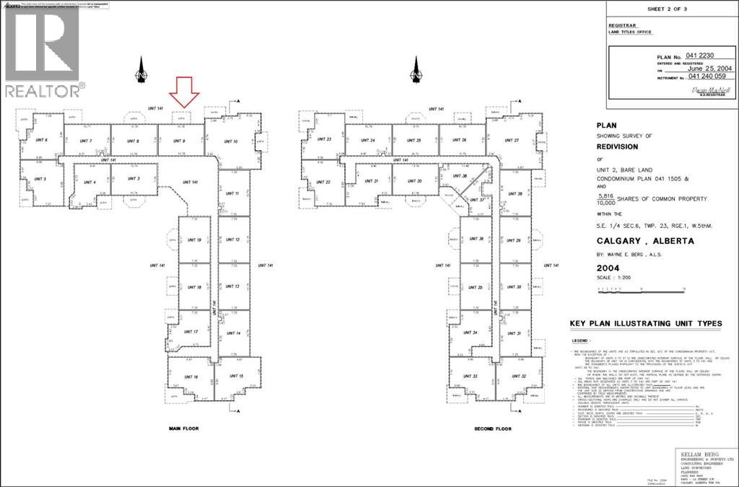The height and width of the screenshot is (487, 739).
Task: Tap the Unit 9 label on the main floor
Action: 183,141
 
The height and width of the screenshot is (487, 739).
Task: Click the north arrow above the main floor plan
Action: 142,71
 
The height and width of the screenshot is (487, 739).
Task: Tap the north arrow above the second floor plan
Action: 416,71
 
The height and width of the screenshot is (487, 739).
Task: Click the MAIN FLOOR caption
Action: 183,429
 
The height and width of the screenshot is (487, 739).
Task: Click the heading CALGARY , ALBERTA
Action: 645,242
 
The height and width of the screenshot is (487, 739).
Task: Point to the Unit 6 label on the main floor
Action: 42,140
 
